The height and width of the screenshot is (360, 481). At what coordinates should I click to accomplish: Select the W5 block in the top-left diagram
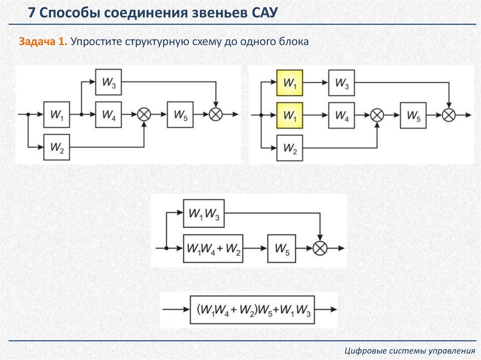coord(180,114)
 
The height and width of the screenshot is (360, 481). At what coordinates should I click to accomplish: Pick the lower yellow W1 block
coord(290,115)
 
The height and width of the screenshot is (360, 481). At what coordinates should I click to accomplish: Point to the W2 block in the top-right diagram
coord(290,148)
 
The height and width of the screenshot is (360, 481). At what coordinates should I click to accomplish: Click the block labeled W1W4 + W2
coord(213,247)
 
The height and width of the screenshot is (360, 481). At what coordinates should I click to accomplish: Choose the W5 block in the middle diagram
coord(282,247)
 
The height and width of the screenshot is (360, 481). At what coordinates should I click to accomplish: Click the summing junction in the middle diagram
coord(320,247)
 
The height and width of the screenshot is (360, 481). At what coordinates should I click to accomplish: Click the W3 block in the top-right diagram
coord(341,83)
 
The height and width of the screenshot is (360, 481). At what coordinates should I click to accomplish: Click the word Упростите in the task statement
coord(96,41)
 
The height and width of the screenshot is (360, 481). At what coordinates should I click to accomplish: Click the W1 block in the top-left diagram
coord(57,114)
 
